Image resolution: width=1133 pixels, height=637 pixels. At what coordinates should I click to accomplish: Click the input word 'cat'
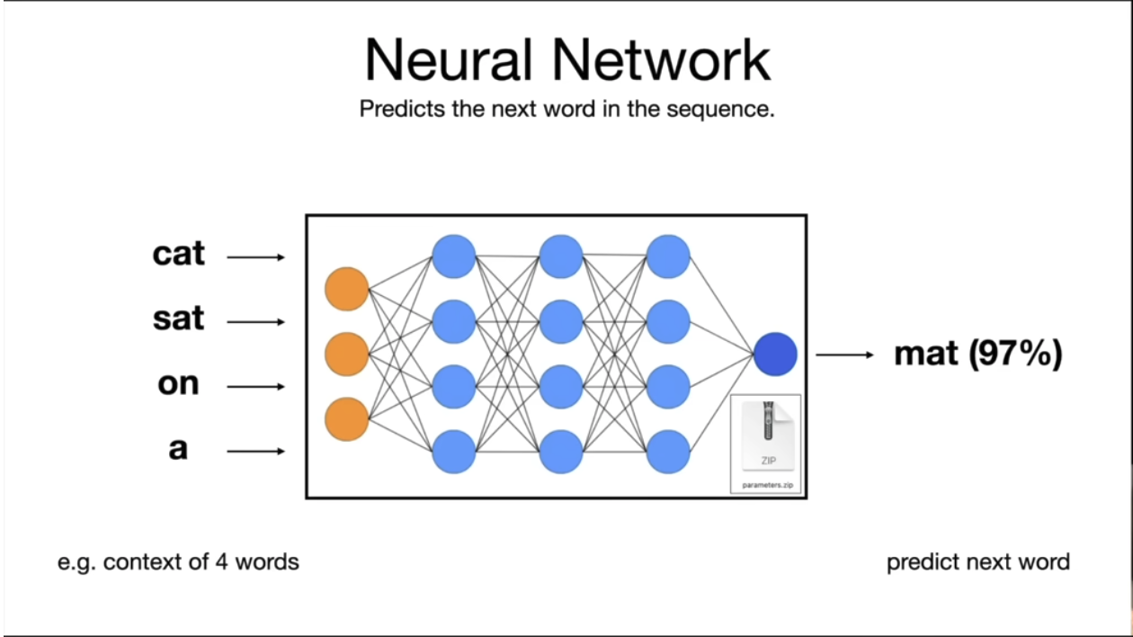(x=179, y=254)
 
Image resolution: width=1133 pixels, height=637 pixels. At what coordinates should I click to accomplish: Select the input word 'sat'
(x=179, y=318)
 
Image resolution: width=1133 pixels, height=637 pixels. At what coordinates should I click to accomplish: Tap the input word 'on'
(x=179, y=384)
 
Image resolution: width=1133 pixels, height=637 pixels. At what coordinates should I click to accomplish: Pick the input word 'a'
(x=178, y=449)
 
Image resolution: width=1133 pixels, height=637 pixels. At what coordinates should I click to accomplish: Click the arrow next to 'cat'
(x=256, y=257)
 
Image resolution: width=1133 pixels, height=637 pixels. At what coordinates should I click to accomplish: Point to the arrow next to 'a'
(x=256, y=452)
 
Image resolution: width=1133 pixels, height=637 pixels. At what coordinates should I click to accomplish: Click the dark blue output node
(x=775, y=354)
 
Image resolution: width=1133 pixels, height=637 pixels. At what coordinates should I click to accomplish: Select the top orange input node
(x=346, y=289)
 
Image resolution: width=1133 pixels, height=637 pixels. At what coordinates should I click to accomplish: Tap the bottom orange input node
(x=346, y=419)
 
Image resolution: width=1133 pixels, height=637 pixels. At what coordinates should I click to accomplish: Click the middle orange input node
(x=346, y=354)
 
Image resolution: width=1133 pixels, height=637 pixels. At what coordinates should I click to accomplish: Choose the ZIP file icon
(x=768, y=435)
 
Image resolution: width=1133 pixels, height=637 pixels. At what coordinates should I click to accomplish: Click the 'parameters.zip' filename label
(x=767, y=485)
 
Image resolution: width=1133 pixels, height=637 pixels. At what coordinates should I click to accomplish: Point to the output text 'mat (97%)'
(x=978, y=354)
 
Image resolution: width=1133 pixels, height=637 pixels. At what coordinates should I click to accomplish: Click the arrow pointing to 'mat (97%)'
(x=844, y=354)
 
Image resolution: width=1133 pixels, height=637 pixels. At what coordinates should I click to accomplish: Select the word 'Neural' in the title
(x=448, y=60)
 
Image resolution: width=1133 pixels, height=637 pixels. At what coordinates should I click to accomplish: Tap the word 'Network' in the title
(x=662, y=60)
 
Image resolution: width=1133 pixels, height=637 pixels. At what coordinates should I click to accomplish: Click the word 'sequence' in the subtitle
(x=720, y=110)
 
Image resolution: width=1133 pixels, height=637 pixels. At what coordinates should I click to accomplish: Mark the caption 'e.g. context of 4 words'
(x=178, y=562)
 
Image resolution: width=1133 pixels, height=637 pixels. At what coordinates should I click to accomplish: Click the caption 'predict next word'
(x=978, y=562)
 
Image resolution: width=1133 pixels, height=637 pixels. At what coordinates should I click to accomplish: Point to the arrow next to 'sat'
(x=256, y=322)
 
